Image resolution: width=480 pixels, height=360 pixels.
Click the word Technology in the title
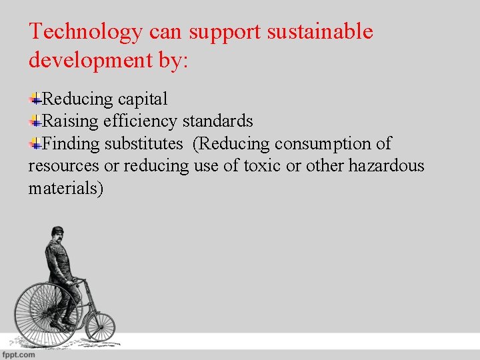(x=85, y=32)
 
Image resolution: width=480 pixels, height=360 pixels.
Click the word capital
(x=143, y=99)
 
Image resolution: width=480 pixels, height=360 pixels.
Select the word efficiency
(x=140, y=121)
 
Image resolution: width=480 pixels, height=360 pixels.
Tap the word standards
(x=217, y=121)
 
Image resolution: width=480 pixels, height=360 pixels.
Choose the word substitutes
(x=143, y=143)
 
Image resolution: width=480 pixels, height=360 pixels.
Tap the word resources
(x=63, y=165)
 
